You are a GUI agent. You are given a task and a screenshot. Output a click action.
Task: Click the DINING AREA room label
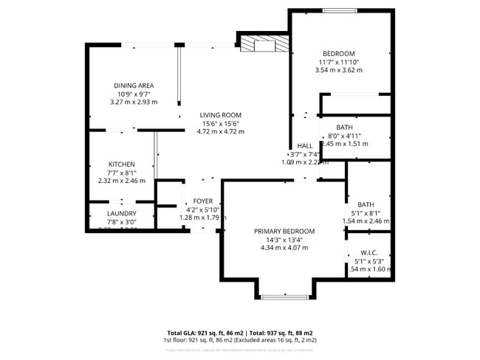tap(134, 86)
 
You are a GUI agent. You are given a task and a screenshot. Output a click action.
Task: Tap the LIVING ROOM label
tap(220, 115)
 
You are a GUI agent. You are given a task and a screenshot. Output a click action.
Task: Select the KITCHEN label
tap(122, 164)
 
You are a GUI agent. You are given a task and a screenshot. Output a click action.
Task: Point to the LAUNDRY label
tap(122, 213)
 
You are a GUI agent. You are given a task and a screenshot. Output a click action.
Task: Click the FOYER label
tap(203, 201)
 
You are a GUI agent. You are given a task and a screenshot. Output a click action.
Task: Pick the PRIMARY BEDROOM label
tap(284, 231)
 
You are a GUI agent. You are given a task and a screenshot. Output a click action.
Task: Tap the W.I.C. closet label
tap(369, 251)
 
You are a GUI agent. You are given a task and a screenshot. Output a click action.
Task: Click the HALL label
tap(304, 146)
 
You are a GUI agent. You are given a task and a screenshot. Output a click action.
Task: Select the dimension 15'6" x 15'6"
tap(220, 123)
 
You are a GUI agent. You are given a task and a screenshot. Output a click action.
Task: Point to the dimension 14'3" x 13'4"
tap(284, 239)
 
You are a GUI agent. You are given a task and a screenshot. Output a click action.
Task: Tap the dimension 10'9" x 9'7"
tap(134, 94)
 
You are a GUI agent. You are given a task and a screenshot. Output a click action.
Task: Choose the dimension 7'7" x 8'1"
tap(122, 172)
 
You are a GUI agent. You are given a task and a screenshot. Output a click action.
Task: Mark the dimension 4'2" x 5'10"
tap(203, 210)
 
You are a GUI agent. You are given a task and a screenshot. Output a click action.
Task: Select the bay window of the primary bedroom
tap(284, 297)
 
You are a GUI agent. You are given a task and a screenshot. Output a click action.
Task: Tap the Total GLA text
tap(239, 333)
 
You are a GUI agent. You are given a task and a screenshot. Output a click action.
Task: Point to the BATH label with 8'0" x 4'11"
tap(344, 128)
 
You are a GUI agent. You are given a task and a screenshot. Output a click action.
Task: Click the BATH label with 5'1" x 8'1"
tap(366, 204)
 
